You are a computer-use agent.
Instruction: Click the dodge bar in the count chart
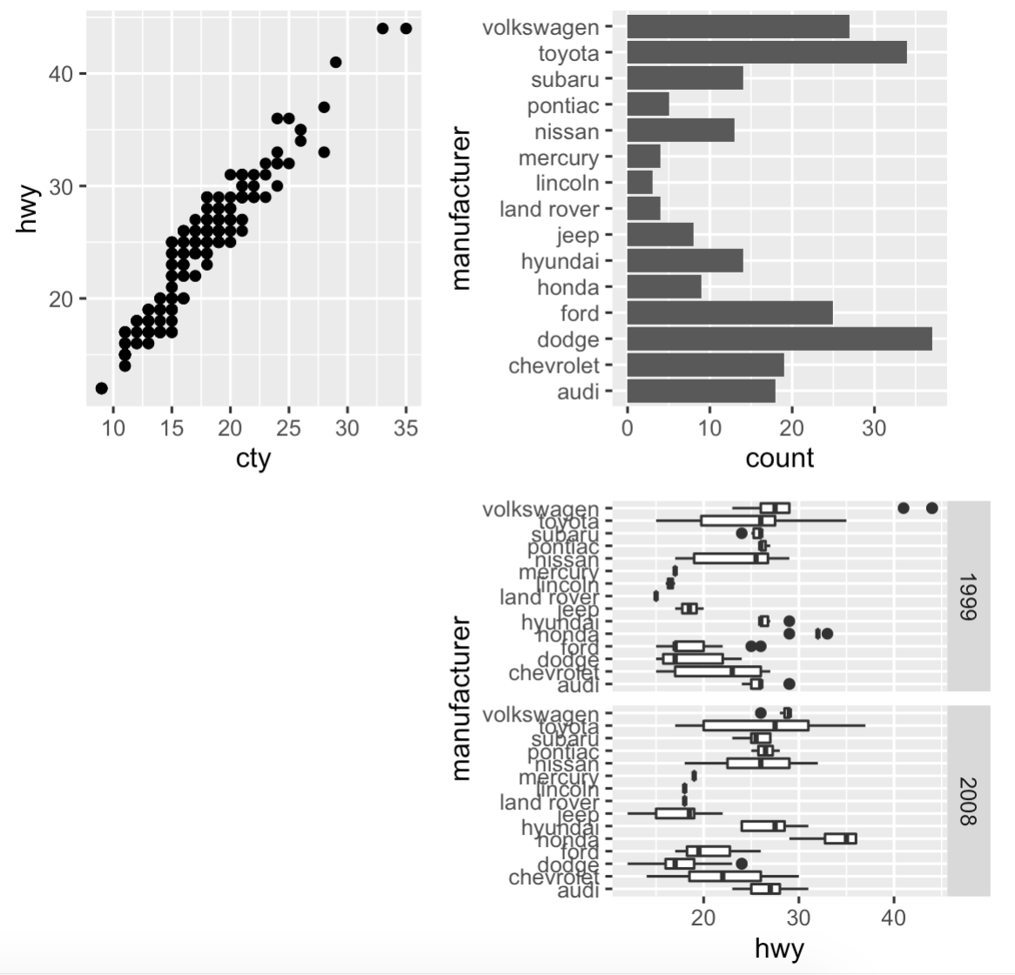click(779, 339)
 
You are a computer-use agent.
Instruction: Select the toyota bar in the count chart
click(766, 52)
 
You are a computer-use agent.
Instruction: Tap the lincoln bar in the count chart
click(640, 183)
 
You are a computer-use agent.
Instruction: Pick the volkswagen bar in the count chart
click(738, 27)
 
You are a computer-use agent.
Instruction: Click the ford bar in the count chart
click(729, 313)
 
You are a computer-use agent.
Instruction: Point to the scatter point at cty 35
click(406, 29)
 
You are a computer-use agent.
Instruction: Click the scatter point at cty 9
click(102, 388)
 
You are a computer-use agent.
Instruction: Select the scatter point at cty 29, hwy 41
click(336, 62)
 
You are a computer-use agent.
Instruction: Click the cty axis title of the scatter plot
click(253, 459)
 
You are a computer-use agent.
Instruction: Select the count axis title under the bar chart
click(779, 458)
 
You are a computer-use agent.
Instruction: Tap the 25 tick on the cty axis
click(288, 428)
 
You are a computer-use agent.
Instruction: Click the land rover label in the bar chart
click(549, 209)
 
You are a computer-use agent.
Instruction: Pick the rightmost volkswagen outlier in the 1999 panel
click(931, 508)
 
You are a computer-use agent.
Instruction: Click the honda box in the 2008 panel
click(841, 838)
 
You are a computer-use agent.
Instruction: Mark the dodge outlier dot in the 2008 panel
click(742, 864)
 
